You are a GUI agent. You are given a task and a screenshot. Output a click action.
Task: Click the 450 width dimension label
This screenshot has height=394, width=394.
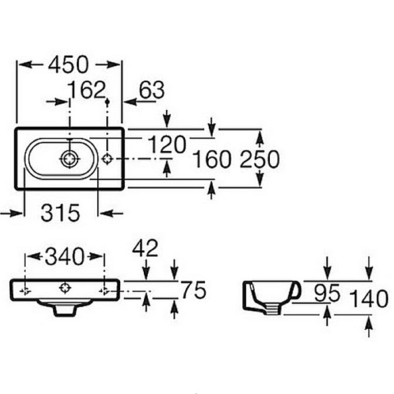tap(68, 64)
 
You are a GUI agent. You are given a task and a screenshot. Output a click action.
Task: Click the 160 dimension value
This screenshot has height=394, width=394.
tap(211, 160)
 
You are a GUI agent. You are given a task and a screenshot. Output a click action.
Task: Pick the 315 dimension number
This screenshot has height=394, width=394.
tap(60, 213)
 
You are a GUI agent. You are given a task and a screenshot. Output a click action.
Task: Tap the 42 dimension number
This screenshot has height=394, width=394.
tap(145, 248)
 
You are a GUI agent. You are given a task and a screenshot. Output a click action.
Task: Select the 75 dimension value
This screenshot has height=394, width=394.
tap(194, 290)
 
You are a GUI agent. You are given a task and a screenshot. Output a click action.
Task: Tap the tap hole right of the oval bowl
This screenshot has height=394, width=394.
tap(108, 158)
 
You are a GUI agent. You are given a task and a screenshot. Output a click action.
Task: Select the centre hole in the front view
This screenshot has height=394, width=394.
tap(64, 287)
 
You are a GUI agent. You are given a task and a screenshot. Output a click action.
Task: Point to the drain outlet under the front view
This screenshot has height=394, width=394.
tap(64, 309)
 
